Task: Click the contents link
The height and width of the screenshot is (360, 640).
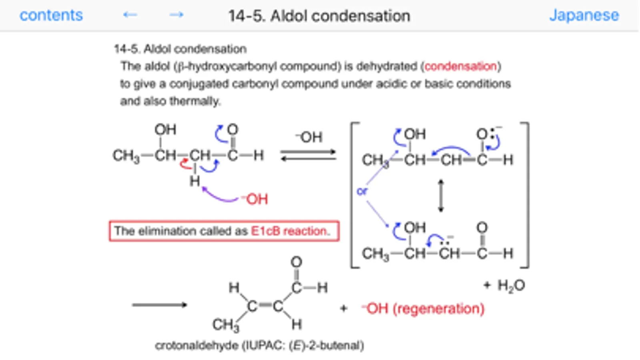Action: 51,15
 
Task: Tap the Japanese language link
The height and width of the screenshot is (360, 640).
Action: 584,15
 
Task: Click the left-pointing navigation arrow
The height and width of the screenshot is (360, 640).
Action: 130,15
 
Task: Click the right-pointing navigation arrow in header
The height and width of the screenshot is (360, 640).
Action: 176,15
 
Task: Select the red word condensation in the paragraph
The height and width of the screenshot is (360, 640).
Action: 460,66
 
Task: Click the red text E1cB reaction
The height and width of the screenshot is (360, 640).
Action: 290,231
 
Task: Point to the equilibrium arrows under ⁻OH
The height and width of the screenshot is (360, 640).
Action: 308,155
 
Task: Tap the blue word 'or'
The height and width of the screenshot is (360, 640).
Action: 362,192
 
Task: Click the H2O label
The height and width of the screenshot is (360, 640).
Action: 511,286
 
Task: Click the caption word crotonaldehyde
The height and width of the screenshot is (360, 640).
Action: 197,345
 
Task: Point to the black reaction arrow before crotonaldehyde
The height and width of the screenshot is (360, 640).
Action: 159,305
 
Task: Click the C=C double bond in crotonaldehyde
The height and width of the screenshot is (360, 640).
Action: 264,306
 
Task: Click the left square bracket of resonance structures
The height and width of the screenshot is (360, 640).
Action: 354,195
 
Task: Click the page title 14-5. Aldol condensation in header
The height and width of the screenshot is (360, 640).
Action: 319,16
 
